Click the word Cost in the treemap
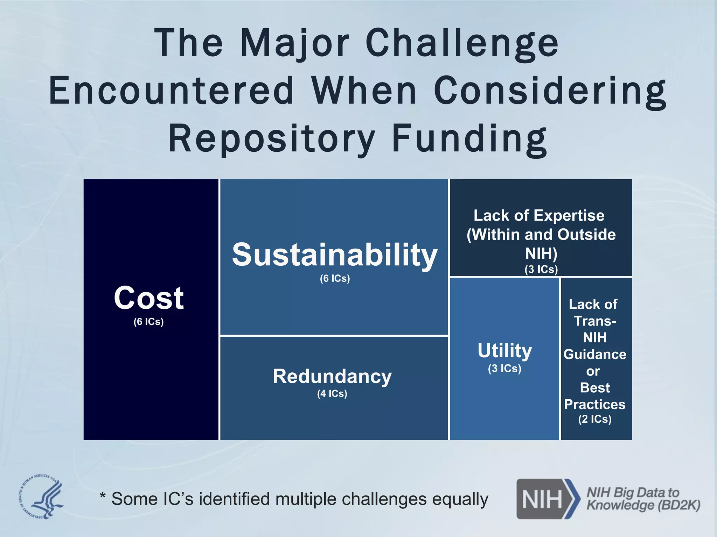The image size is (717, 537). click(x=149, y=298)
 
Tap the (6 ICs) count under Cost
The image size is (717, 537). click(x=148, y=322)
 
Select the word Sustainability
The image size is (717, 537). click(x=335, y=255)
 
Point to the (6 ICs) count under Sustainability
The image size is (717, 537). click(x=335, y=278)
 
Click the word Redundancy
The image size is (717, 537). click(x=332, y=377)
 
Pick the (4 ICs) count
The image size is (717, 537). click(x=332, y=394)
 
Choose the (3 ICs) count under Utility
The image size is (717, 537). click(x=504, y=368)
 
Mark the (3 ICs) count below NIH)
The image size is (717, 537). click(x=541, y=269)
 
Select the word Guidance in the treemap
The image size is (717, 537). click(x=595, y=354)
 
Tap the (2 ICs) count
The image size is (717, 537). click(x=595, y=419)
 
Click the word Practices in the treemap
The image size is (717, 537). click(x=595, y=404)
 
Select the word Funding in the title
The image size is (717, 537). click(x=469, y=139)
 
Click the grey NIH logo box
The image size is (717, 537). click(x=543, y=499)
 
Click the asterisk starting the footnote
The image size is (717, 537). click(x=103, y=495)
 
